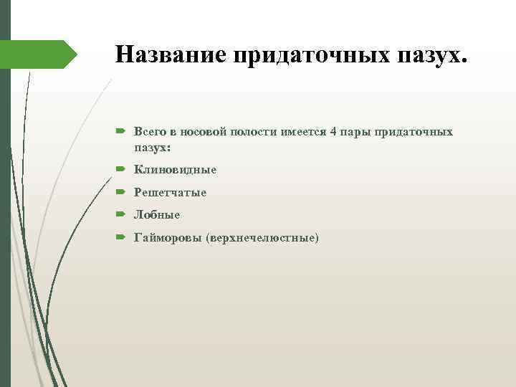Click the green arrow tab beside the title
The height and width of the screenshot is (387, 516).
coord(43,54)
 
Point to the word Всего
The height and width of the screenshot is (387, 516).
coord(150,133)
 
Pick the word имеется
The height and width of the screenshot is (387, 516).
coord(305,133)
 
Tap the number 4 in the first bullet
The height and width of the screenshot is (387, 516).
coord(334,133)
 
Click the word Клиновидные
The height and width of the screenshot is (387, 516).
coord(176,170)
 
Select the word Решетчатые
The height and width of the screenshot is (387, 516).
coord(171,192)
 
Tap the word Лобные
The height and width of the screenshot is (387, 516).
coord(157,214)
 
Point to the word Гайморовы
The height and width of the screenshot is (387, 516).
coord(168,236)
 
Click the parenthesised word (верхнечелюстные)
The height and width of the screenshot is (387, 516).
coord(262,236)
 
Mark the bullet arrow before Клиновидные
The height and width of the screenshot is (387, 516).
coord(120,170)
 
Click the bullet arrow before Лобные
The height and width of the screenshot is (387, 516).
coord(120,214)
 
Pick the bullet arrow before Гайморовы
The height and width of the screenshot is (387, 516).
coord(120,236)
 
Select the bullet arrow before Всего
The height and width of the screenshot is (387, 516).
coord(120,133)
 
